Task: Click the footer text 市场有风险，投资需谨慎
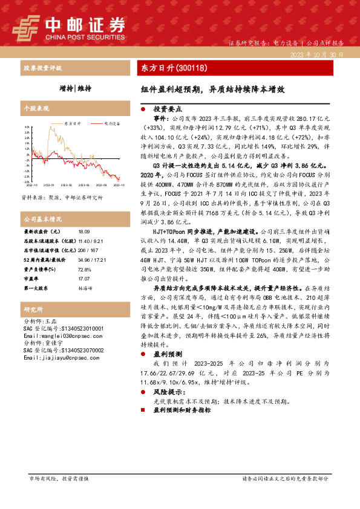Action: pyautogui.click(x=59, y=495)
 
